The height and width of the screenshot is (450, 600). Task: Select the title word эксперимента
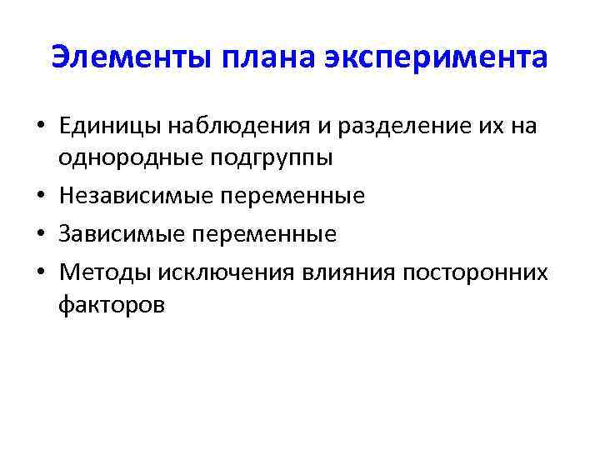tap(436, 58)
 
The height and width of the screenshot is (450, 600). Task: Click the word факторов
tap(112, 305)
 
